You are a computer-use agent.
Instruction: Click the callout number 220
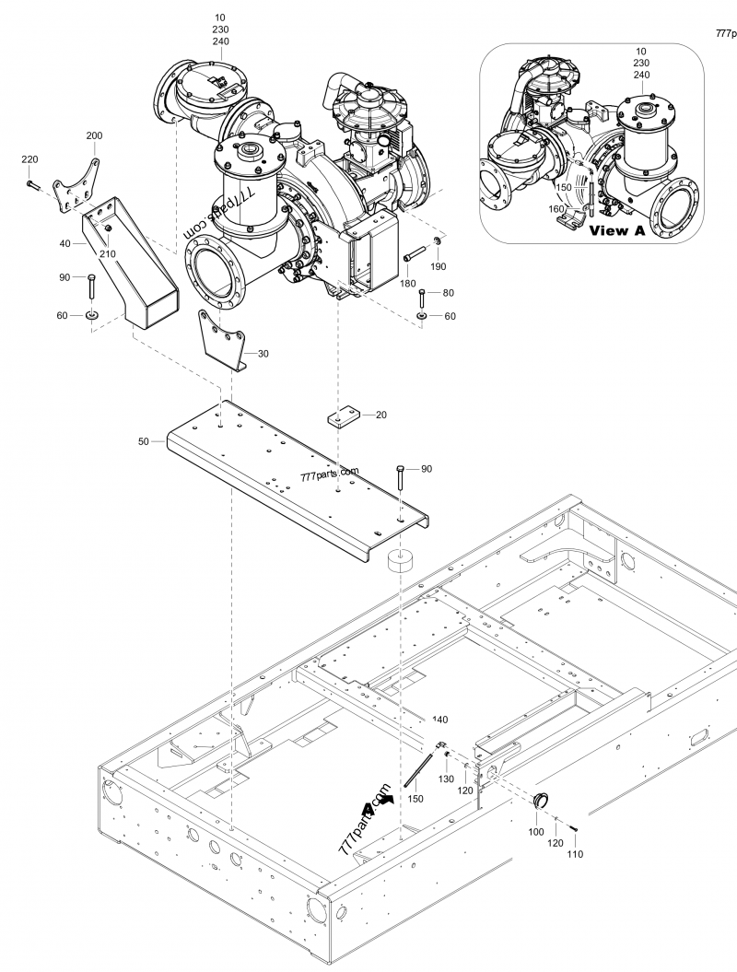29,159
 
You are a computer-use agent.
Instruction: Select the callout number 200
94,135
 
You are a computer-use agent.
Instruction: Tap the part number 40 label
64,243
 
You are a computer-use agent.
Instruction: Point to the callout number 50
143,442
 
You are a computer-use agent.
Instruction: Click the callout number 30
263,353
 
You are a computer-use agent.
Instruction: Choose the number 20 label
380,415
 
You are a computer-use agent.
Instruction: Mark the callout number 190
439,266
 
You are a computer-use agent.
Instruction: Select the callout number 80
449,293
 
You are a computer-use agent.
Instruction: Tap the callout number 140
439,720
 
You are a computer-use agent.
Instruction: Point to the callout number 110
574,854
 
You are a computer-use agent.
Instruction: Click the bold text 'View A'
616,230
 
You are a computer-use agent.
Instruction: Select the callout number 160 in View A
556,208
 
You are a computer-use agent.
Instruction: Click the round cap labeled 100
543,799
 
